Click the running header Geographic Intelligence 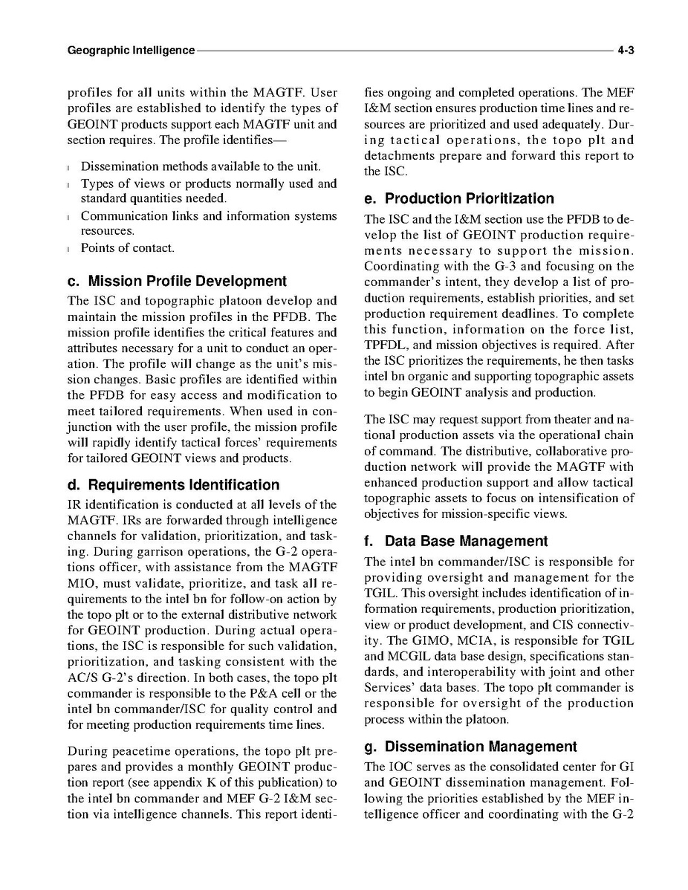coord(131,51)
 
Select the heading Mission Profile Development coord(177,282)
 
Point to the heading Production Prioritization coord(459,198)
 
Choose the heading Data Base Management coord(455,542)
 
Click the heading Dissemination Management coord(470,747)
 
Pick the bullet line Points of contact coord(128,247)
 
